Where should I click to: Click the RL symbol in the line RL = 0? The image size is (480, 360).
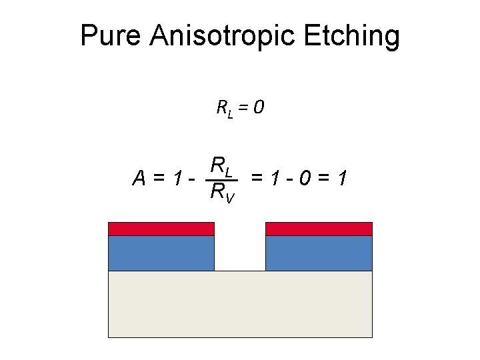pos(225,107)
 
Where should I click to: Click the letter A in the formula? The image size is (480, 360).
pos(139,178)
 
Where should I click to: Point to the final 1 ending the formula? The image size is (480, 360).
pos(341,178)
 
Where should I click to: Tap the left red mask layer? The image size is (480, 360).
pos(161,229)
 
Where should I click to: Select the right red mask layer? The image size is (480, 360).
pos(319,229)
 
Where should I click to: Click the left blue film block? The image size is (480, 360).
pos(161,253)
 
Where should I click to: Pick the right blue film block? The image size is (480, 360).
pos(319,253)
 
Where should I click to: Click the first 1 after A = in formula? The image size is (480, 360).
pos(176,178)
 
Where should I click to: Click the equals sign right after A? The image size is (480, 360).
pos(158,178)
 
